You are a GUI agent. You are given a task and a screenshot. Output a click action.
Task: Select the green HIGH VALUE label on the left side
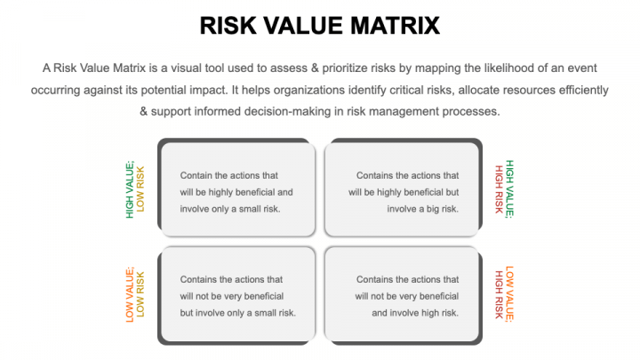pyautogui.click(x=130, y=188)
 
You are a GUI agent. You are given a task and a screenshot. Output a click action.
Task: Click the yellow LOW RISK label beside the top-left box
pyautogui.click(x=140, y=188)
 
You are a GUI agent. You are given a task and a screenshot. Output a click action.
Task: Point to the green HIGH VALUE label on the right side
pyautogui.click(x=509, y=188)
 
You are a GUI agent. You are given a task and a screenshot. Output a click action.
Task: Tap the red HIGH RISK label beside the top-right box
pyautogui.click(x=499, y=188)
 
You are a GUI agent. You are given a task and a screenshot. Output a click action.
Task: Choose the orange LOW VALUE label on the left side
pyautogui.click(x=130, y=294)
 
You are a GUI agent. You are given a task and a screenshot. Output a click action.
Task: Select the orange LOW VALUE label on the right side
pyautogui.click(x=509, y=294)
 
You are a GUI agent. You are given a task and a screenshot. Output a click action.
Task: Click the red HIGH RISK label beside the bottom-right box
pyautogui.click(x=499, y=294)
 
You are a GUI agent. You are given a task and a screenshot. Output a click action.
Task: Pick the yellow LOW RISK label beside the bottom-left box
pyautogui.click(x=140, y=294)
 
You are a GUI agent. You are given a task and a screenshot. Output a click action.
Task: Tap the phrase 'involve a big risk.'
pyautogui.click(x=423, y=208)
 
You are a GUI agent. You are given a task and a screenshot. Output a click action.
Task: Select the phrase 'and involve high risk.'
pyautogui.click(x=415, y=312)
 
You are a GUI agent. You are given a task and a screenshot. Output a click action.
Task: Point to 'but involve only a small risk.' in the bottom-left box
pyautogui.click(x=238, y=312)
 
